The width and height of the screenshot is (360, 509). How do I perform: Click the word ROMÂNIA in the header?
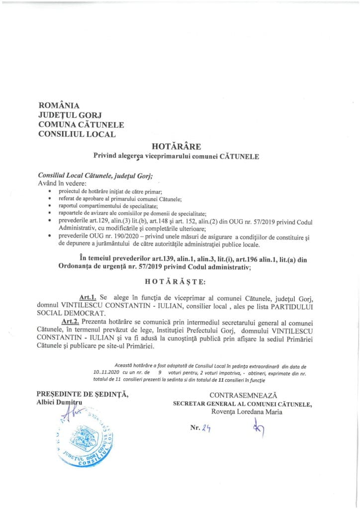[59, 105]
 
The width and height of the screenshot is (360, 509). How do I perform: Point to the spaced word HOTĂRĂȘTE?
[180, 281]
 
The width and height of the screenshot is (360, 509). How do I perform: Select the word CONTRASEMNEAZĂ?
[243, 395]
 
